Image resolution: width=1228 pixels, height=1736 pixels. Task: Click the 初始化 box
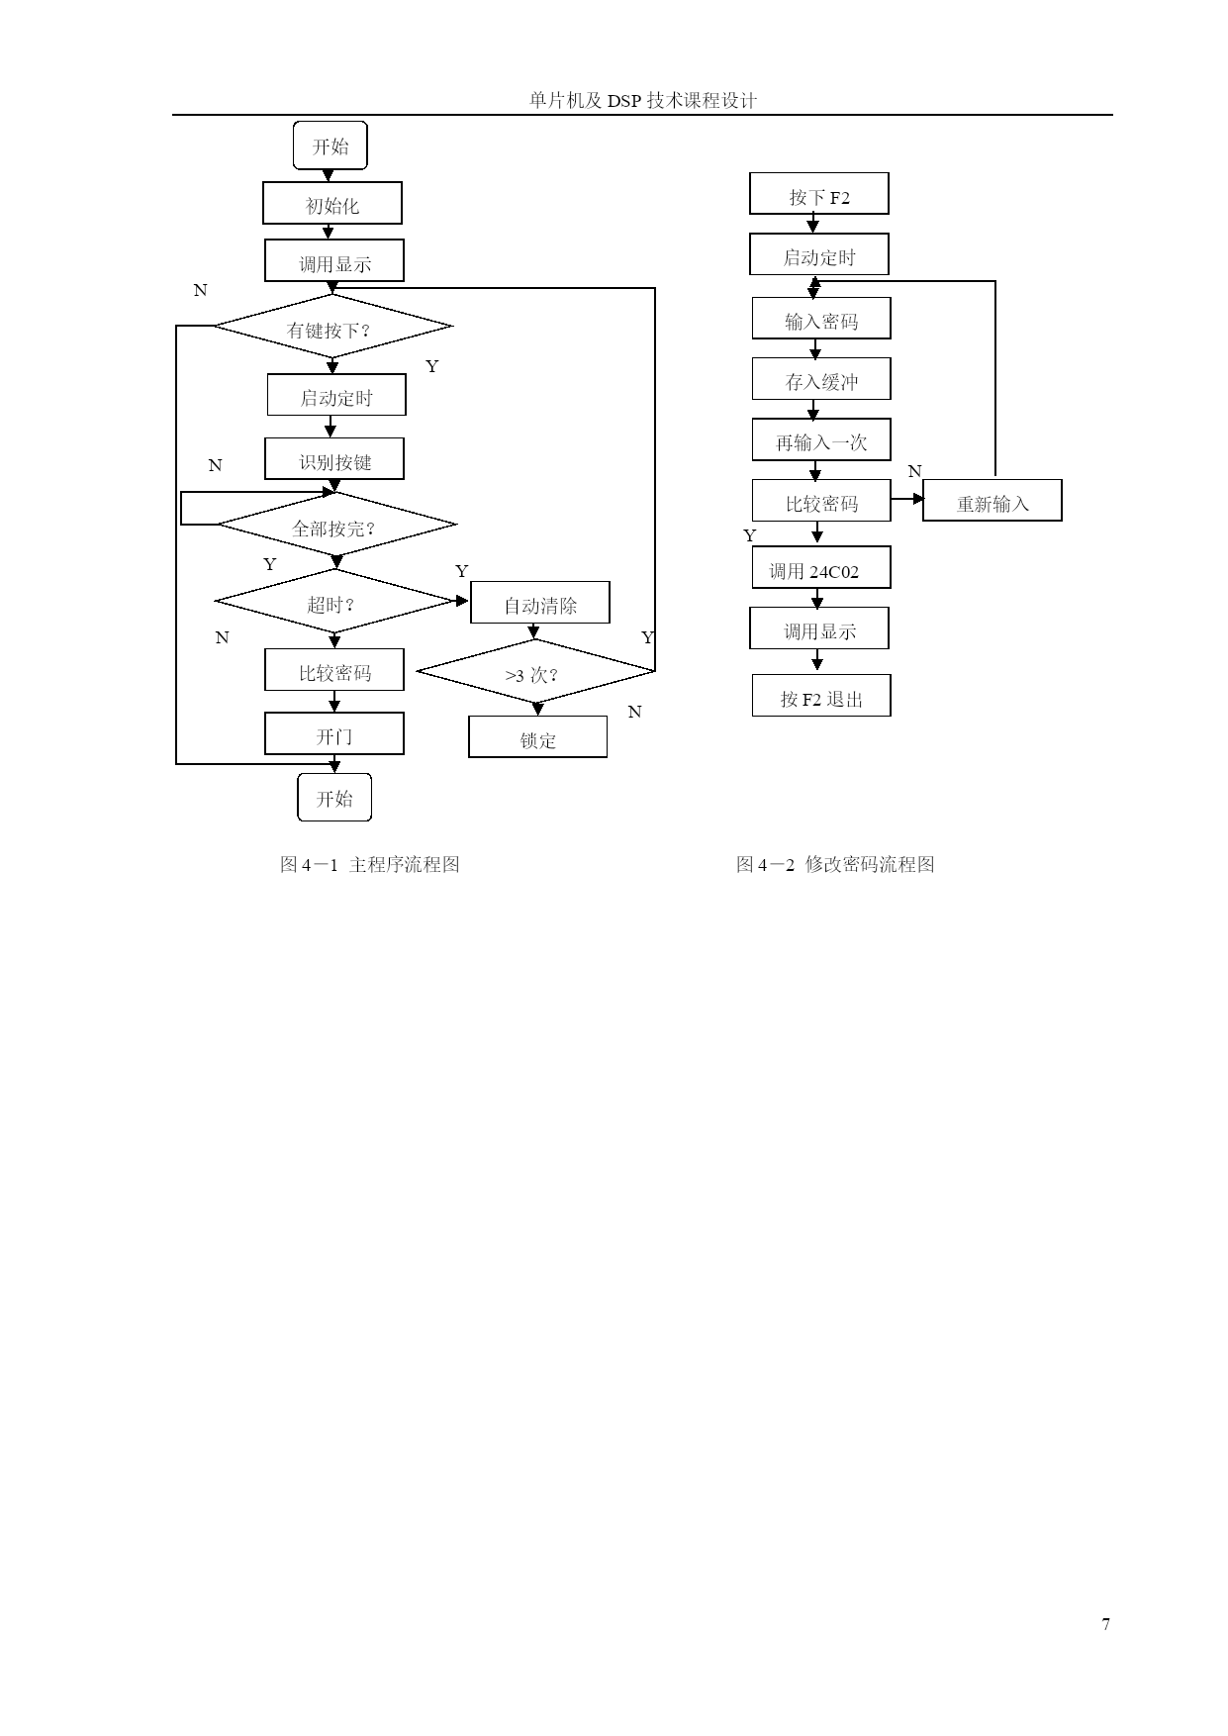(332, 203)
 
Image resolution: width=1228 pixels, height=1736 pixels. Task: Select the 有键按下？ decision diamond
(333, 326)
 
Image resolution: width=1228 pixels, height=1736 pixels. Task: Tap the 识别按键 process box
(334, 459)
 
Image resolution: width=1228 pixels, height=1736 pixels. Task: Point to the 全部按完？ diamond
(336, 525)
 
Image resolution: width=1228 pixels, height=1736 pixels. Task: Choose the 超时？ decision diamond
(334, 601)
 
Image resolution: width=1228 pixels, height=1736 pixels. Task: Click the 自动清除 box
(540, 603)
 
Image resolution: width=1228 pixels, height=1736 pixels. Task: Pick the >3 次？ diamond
(535, 672)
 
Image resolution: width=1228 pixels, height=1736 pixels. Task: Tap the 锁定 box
(538, 737)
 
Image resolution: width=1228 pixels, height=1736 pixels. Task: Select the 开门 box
(334, 733)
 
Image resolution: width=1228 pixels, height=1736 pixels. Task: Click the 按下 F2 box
(819, 193)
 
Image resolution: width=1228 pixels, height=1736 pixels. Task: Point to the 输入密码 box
(821, 319)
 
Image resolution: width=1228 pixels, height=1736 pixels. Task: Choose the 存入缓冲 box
(821, 379)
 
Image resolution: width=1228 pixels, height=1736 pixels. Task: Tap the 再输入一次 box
(820, 439)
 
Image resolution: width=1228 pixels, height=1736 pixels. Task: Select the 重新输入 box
(992, 501)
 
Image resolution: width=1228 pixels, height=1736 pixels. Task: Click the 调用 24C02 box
(821, 568)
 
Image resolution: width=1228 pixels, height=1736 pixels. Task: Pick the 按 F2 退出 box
(821, 696)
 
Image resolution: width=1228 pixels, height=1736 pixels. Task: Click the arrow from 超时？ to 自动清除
(461, 601)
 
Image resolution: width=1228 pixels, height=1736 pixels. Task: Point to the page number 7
(1105, 1624)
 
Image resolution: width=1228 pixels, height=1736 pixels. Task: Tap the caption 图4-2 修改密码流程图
(835, 864)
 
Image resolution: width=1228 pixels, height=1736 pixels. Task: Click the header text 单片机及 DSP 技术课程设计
(643, 100)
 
